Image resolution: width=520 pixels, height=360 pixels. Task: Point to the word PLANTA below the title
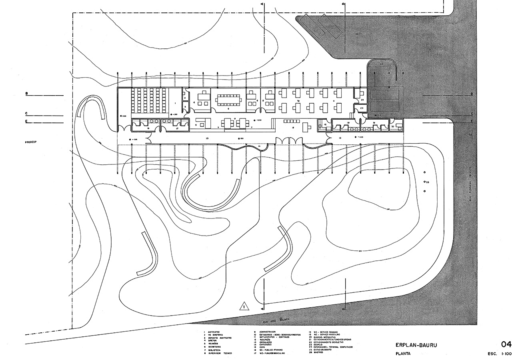[403, 354]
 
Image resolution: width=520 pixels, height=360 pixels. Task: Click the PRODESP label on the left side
[30, 142]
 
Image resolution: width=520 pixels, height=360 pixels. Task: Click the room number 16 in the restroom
[148, 128]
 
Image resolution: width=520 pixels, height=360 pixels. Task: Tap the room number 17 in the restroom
[177, 128]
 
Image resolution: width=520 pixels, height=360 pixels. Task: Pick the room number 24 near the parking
[362, 99]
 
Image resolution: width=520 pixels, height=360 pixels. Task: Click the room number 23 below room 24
[361, 108]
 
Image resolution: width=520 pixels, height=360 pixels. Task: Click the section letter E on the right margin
[472, 121]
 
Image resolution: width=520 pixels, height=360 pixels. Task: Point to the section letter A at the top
[262, 4]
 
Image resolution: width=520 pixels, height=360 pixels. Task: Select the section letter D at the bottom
[343, 308]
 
